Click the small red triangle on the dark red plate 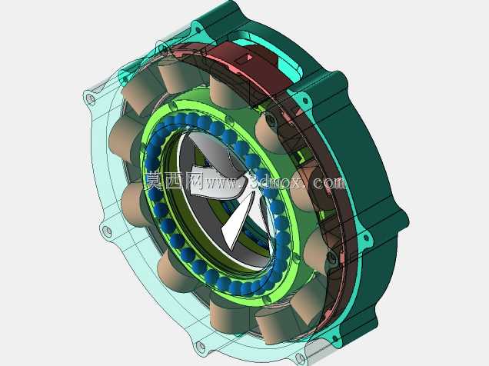click(249, 58)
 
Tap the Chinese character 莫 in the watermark click(155, 181)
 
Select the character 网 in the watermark click(195, 181)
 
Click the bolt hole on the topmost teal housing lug click(198, 30)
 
